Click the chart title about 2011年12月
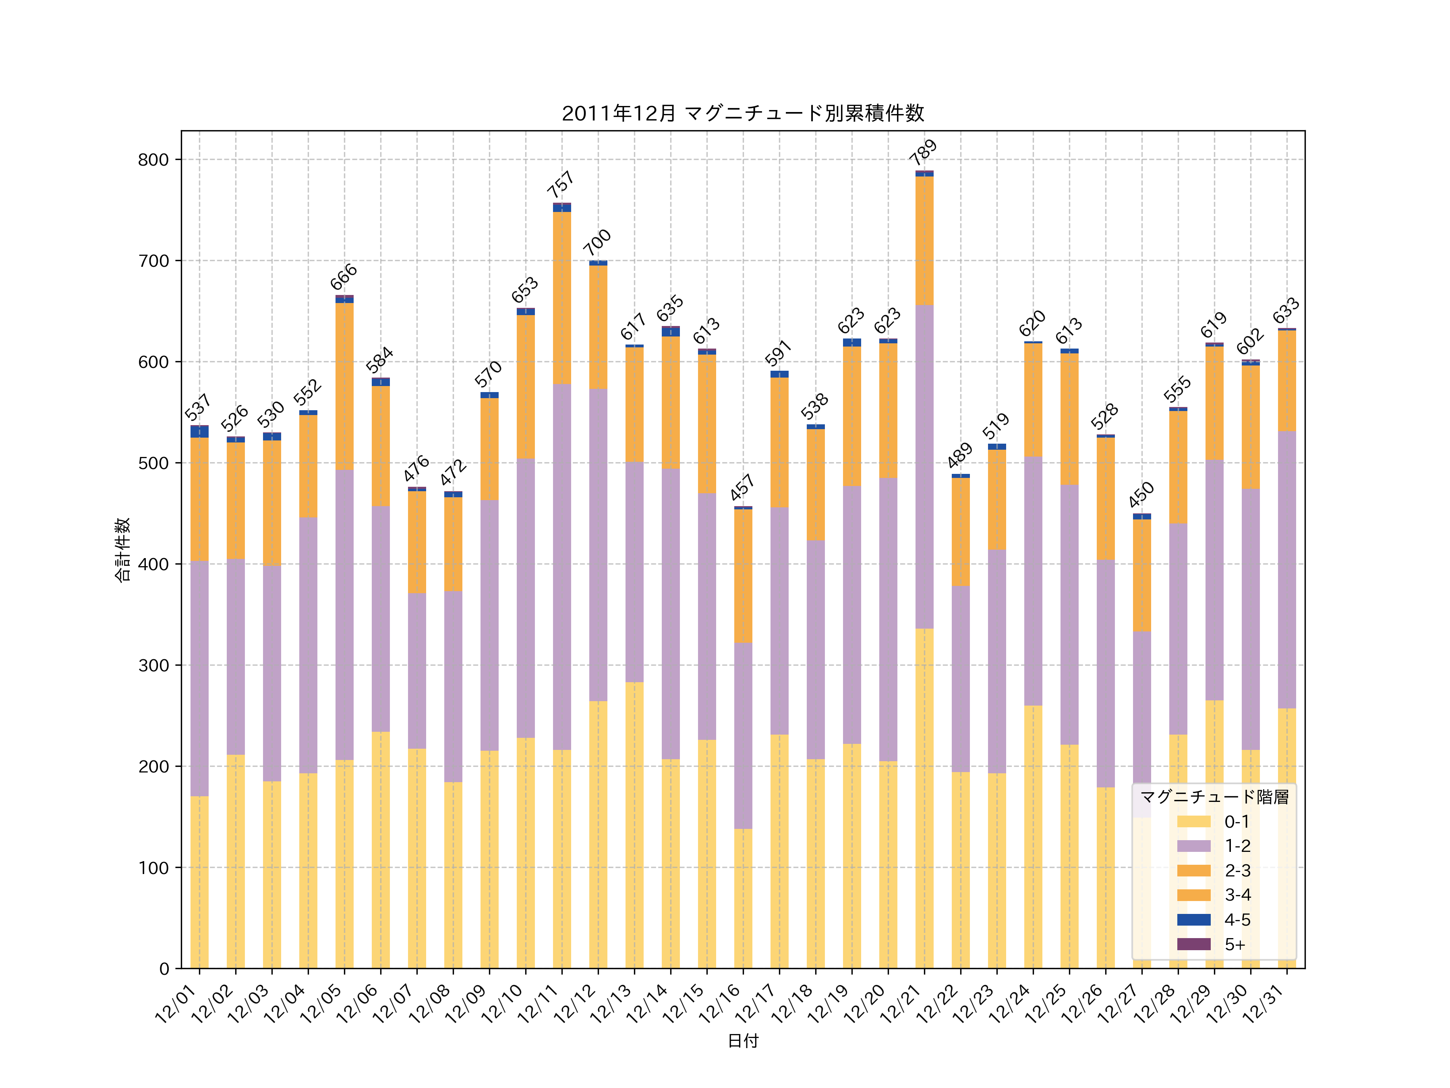743,114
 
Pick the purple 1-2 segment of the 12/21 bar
924,467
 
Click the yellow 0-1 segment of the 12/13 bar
634,825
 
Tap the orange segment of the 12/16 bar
743,576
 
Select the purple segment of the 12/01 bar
199,678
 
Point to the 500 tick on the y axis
153,463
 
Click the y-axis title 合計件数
122,550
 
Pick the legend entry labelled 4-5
1237,920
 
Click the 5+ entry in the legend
1235,945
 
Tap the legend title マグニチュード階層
1214,797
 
